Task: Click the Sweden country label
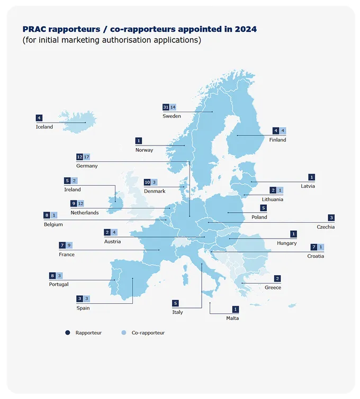pos(172,116)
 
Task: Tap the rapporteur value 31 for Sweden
pos(166,107)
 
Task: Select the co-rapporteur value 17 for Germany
pos(87,157)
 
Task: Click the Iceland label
pos(44,126)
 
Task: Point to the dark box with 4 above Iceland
pos(39,117)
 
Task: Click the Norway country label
pos(144,150)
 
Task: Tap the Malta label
pos(232,318)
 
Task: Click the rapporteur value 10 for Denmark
pos(147,182)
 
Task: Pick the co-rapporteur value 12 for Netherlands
pos(81,203)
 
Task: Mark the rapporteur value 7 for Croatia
pos(313,247)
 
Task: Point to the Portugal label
pos(58,284)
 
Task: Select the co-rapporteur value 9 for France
pos(69,245)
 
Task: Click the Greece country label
pos(273,287)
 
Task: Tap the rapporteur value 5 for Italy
pos(175,303)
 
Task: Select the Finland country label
pos(277,140)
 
